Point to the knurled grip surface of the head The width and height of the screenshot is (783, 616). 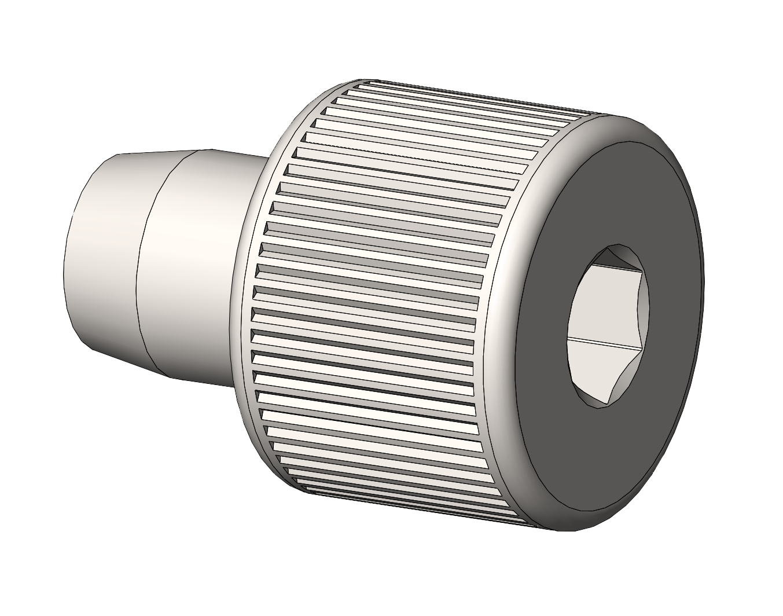pos(376,289)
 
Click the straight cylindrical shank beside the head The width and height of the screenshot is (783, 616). pos(197,266)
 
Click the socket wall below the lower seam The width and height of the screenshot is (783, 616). pos(596,371)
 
